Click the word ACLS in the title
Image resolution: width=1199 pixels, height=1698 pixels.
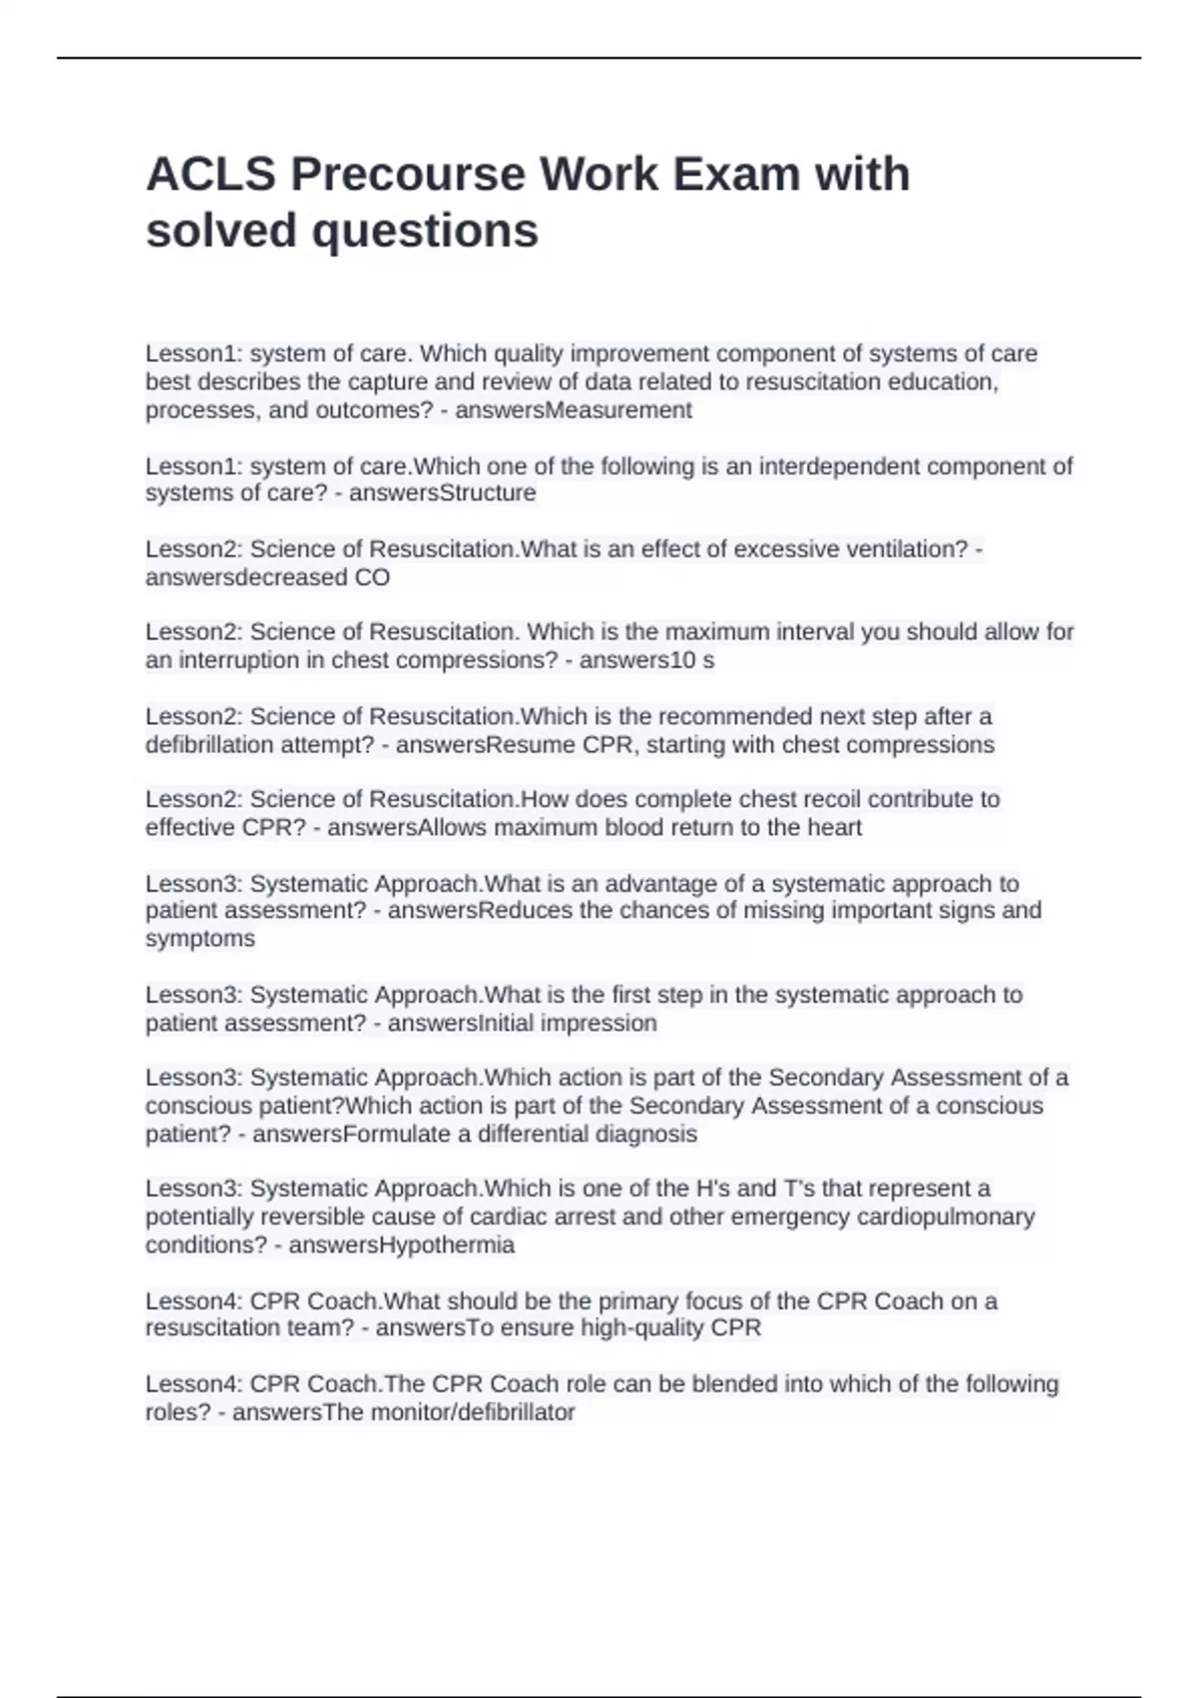pyautogui.click(x=210, y=175)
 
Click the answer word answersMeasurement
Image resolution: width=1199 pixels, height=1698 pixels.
pyautogui.click(x=574, y=411)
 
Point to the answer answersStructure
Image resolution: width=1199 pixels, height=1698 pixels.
pyautogui.click(x=442, y=493)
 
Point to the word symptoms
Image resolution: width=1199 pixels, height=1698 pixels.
pyautogui.click(x=200, y=939)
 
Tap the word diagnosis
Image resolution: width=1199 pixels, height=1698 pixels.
pyautogui.click(x=645, y=1135)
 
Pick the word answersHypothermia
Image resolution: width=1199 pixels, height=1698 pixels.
pyautogui.click(x=402, y=1246)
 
